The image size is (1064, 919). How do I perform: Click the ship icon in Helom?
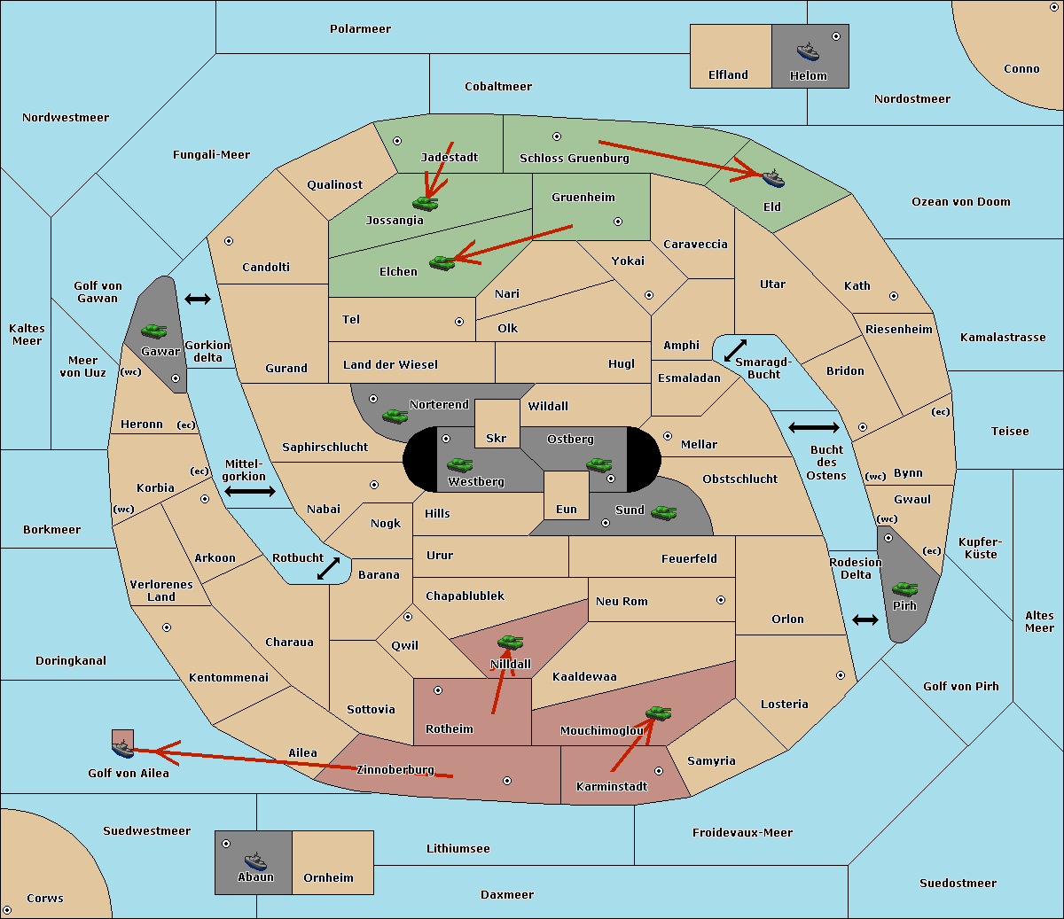pos(807,51)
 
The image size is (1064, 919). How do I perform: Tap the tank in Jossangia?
pos(426,203)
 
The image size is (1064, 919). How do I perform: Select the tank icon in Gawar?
pos(153,331)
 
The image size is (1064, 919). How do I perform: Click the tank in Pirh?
pos(904,589)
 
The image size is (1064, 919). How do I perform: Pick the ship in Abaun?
pos(255,861)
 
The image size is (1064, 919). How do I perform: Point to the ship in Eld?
pos(772,179)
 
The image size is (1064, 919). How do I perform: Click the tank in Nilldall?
pos(510,642)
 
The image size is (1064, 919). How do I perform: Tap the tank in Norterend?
pos(395,416)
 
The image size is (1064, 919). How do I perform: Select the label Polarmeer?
pos(360,29)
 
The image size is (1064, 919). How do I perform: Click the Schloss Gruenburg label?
pos(574,159)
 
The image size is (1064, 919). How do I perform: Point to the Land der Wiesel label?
pos(390,364)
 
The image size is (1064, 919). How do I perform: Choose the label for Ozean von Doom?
pos(960,202)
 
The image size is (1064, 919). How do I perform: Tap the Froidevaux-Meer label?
pos(742,833)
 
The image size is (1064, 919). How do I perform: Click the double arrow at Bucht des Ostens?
pos(813,428)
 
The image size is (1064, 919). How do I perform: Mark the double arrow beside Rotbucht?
pos(328,569)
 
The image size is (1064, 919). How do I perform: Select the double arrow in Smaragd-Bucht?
pos(736,350)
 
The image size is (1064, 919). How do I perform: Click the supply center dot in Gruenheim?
pos(618,222)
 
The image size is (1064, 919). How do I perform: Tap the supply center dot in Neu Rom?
pos(721,600)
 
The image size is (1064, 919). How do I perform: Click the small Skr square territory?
pos(497,424)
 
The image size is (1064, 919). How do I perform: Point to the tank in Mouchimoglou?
pos(658,713)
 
